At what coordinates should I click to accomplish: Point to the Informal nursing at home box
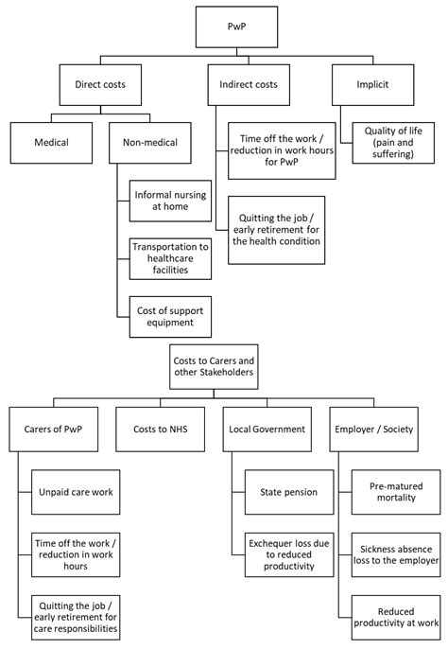point(173,200)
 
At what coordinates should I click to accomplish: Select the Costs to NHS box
point(159,429)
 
